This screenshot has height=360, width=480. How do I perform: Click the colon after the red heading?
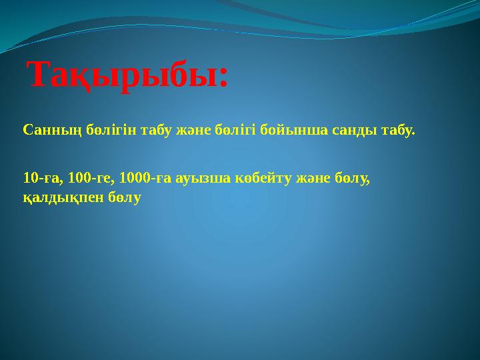tap(223, 79)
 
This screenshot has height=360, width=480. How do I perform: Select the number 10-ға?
tap(39, 179)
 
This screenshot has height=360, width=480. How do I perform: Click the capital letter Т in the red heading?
tap(39, 75)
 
